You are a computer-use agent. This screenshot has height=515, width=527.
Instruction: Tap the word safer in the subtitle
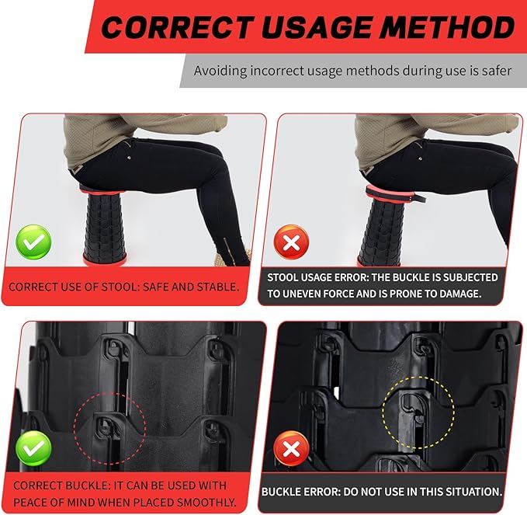494,71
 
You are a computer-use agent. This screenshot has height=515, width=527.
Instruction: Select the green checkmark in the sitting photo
33,242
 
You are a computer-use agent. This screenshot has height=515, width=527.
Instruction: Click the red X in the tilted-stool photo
291,242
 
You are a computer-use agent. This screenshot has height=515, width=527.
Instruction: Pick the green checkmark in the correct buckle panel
33,448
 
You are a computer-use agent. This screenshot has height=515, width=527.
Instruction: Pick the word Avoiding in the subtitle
220,71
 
